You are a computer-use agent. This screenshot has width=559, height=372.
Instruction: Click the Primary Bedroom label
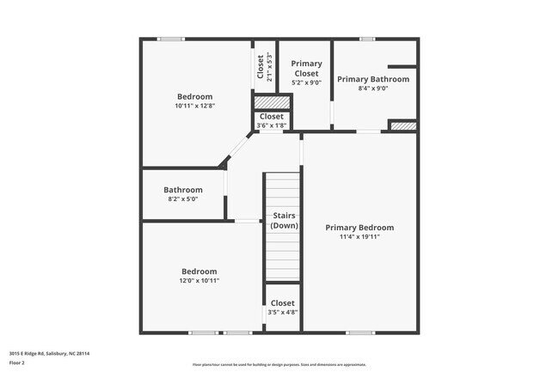359,228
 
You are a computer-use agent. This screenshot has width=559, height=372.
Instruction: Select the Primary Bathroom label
372,79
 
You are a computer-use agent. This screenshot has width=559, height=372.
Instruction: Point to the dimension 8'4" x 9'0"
372,88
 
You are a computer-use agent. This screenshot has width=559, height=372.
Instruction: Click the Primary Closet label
306,69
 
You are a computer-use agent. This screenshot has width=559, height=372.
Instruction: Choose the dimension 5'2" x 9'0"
306,83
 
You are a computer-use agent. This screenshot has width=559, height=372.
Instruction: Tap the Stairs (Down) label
284,220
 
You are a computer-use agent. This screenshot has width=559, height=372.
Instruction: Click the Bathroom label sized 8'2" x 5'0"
183,190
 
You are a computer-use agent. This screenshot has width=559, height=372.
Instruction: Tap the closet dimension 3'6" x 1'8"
271,125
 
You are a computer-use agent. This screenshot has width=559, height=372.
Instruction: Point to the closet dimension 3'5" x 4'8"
282,312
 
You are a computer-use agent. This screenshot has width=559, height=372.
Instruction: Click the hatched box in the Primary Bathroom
402,126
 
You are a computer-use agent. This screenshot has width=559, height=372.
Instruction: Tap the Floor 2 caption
18,363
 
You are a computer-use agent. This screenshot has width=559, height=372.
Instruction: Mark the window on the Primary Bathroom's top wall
367,39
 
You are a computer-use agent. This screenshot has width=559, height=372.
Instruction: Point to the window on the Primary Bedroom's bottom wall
359,332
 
